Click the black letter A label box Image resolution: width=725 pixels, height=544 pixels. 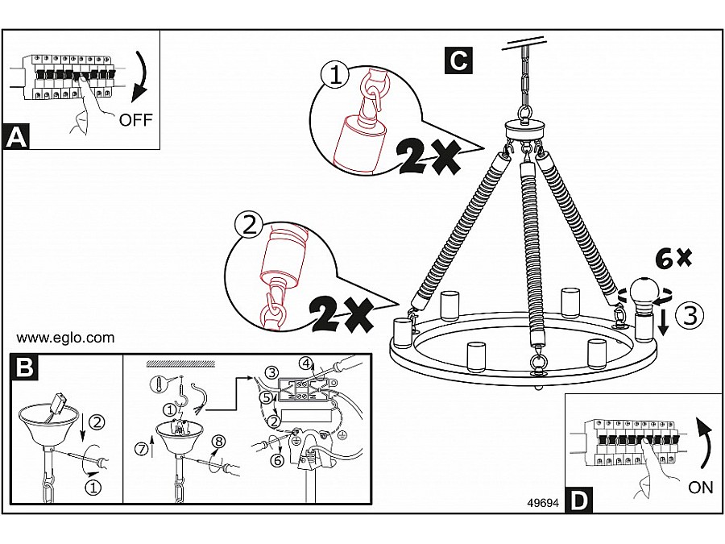click(16, 136)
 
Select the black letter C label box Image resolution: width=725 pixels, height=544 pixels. click(458, 60)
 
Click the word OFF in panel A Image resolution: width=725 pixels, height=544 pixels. click(135, 121)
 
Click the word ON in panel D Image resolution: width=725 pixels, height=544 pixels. click(701, 488)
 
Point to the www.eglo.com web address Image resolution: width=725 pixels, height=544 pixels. click(65, 338)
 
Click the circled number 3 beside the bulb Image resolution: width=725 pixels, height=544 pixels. click(689, 316)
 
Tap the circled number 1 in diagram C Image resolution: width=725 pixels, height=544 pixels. click(335, 76)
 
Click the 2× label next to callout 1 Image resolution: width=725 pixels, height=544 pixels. click(427, 155)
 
